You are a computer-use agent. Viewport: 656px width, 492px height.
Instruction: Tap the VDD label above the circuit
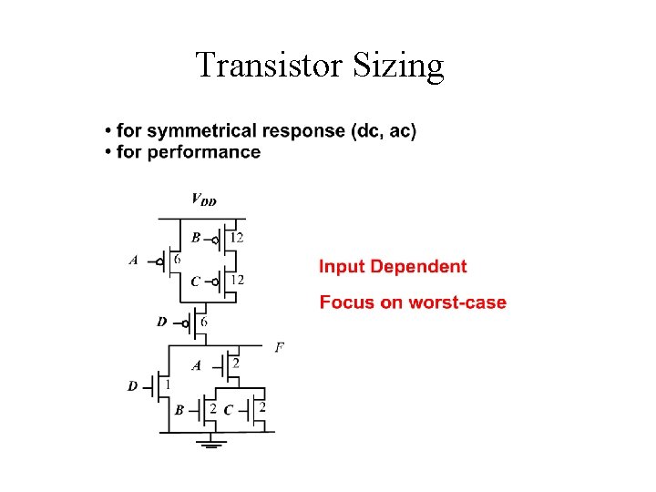[203, 200]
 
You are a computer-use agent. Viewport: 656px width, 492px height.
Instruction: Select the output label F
[279, 347]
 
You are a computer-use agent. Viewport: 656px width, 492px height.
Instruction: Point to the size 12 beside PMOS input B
[236, 238]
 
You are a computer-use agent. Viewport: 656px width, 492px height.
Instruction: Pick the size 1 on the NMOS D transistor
[167, 384]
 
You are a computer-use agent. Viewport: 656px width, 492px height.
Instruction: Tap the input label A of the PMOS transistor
[134, 260]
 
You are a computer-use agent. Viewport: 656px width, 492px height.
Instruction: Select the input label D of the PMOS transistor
[161, 322]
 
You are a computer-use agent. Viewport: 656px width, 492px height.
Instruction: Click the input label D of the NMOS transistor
[133, 386]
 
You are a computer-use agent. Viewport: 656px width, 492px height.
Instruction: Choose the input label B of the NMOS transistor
[179, 410]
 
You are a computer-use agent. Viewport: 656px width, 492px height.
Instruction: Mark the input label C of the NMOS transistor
[228, 410]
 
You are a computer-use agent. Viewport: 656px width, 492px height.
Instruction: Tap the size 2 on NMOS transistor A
[236, 364]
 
